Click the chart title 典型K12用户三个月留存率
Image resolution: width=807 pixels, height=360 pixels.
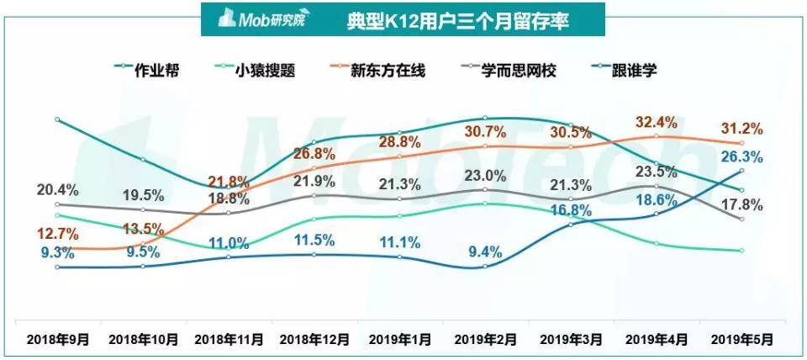[457, 20]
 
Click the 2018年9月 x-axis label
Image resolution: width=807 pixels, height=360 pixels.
[57, 340]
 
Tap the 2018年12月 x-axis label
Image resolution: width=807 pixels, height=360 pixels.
[314, 340]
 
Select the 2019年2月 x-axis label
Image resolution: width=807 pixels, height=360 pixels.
[486, 340]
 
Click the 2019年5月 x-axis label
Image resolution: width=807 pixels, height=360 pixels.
[741, 340]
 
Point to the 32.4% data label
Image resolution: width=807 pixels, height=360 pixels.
[656, 122]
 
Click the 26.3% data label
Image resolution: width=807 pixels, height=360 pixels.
[742, 156]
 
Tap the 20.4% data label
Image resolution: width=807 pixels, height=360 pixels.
[58, 188]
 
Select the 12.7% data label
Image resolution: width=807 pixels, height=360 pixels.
[58, 233]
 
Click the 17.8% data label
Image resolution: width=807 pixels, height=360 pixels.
[742, 204]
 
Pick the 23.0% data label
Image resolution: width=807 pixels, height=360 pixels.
[487, 176]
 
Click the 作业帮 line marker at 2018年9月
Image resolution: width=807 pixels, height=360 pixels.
[57, 119]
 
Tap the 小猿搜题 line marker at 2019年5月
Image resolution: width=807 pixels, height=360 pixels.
[741, 251]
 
